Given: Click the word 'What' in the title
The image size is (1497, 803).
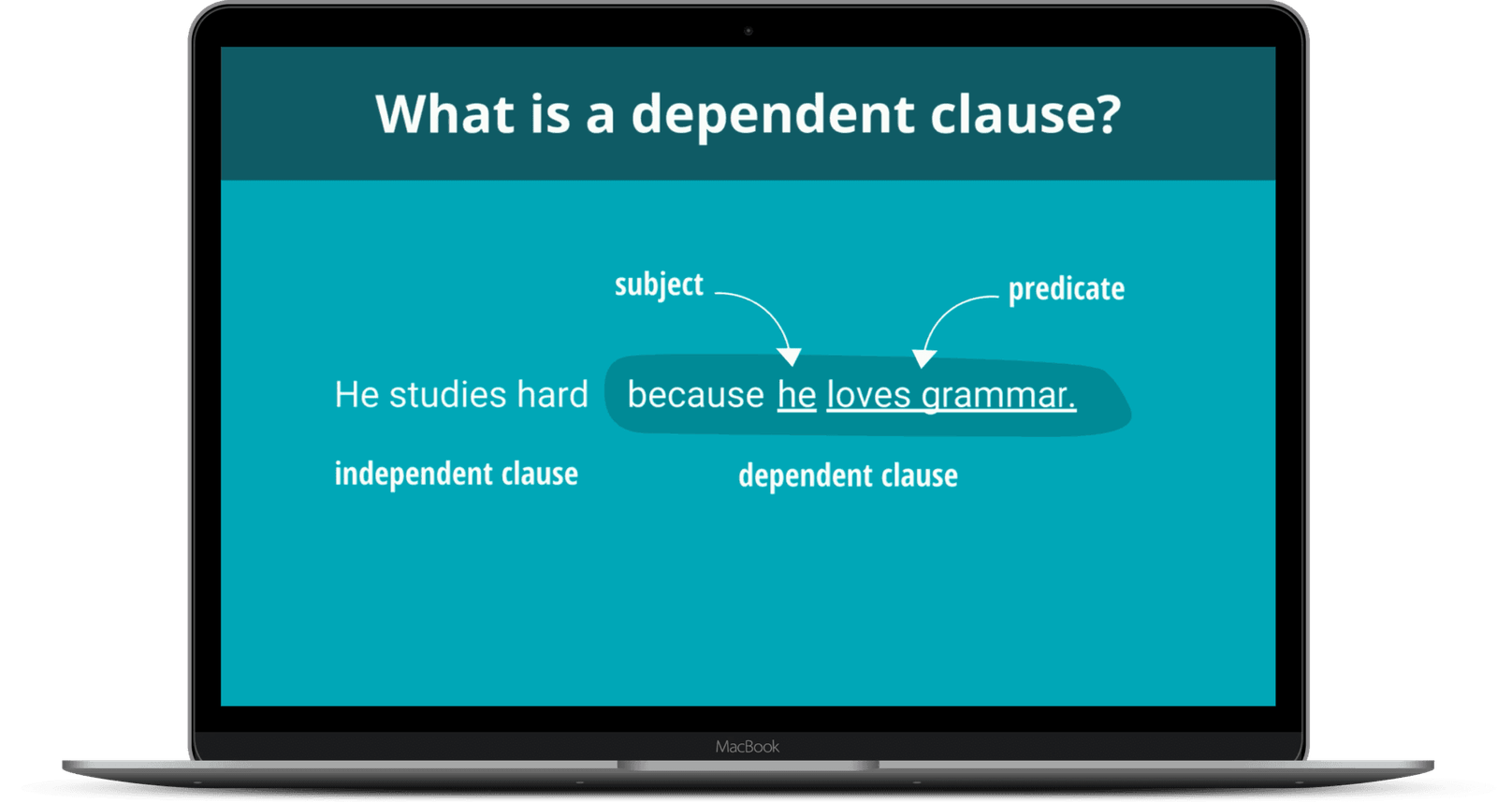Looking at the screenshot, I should click(x=444, y=114).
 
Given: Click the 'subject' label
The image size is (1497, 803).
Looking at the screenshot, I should click(x=659, y=285).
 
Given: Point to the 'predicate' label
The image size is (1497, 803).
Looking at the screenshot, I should click(x=1066, y=289).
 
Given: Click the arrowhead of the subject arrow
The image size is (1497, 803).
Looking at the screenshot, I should click(x=790, y=356).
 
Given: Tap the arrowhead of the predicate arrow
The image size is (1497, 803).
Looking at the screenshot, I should click(x=923, y=358).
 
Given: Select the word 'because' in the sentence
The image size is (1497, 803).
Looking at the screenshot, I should click(x=695, y=395).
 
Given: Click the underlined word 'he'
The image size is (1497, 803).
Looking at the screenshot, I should click(x=796, y=395).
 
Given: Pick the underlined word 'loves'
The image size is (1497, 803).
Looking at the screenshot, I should click(x=868, y=395).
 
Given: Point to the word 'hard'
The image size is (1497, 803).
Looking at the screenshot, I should click(x=552, y=395).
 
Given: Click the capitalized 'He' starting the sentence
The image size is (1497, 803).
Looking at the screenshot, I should click(x=356, y=395).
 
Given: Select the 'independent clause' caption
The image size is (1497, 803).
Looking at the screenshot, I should click(x=456, y=474).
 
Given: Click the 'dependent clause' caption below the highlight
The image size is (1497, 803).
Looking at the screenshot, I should click(x=848, y=475).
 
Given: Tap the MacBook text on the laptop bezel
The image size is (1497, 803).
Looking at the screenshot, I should click(x=747, y=747).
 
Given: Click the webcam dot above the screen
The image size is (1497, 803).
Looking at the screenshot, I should click(x=748, y=31).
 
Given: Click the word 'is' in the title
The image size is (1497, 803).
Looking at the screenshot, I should click(x=550, y=114).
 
